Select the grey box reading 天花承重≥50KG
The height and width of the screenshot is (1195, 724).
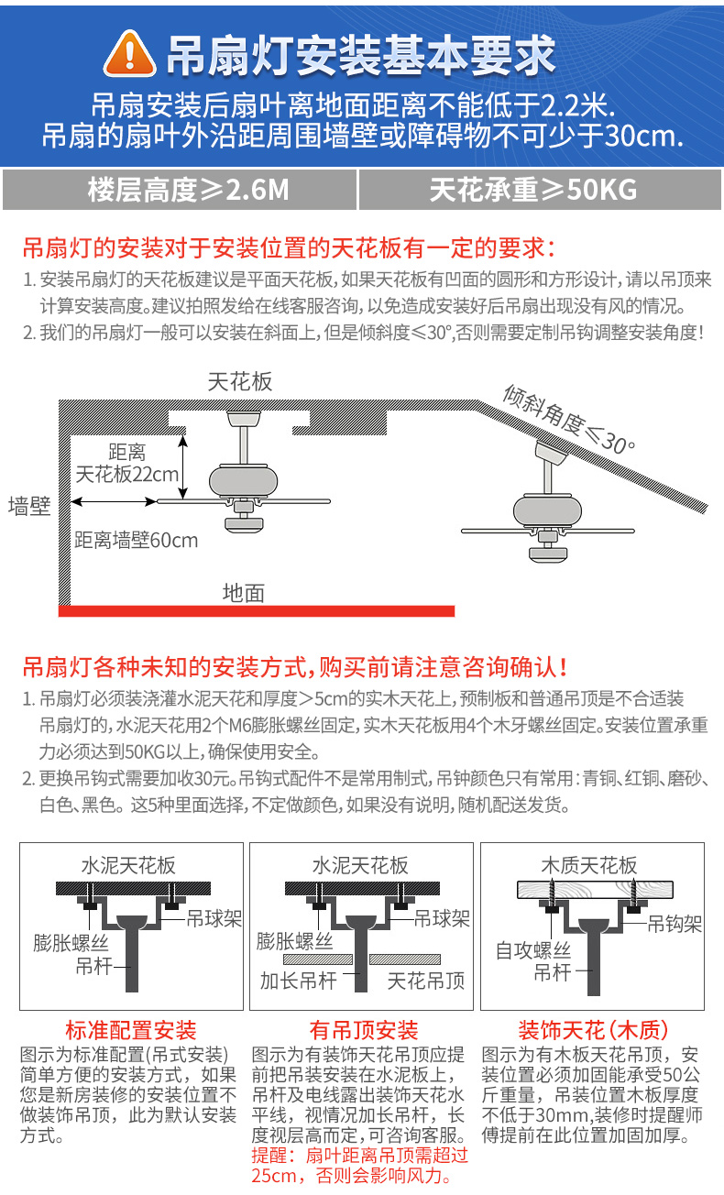coord(533,190)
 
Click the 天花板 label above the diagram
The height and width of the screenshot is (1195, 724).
coord(240,381)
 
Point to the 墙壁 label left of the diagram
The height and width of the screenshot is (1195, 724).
coord(29,506)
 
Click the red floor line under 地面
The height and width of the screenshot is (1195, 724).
coord(257,610)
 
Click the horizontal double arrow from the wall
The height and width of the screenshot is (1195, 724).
coord(114,500)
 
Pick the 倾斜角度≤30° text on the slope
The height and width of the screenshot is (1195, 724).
coord(568,418)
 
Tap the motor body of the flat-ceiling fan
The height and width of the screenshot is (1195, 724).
coord(242,480)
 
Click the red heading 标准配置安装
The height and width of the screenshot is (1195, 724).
coord(130,1030)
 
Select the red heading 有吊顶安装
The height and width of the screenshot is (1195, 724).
coord(364,1030)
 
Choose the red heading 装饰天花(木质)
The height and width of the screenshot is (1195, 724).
coord(593,1030)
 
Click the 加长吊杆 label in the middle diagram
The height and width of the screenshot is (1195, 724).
coord(299,981)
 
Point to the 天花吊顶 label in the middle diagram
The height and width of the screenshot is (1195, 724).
coord(425,981)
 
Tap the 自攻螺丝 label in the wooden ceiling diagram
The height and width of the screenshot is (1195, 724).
coord(533,950)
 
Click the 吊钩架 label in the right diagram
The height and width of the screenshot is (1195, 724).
coord(675,924)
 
